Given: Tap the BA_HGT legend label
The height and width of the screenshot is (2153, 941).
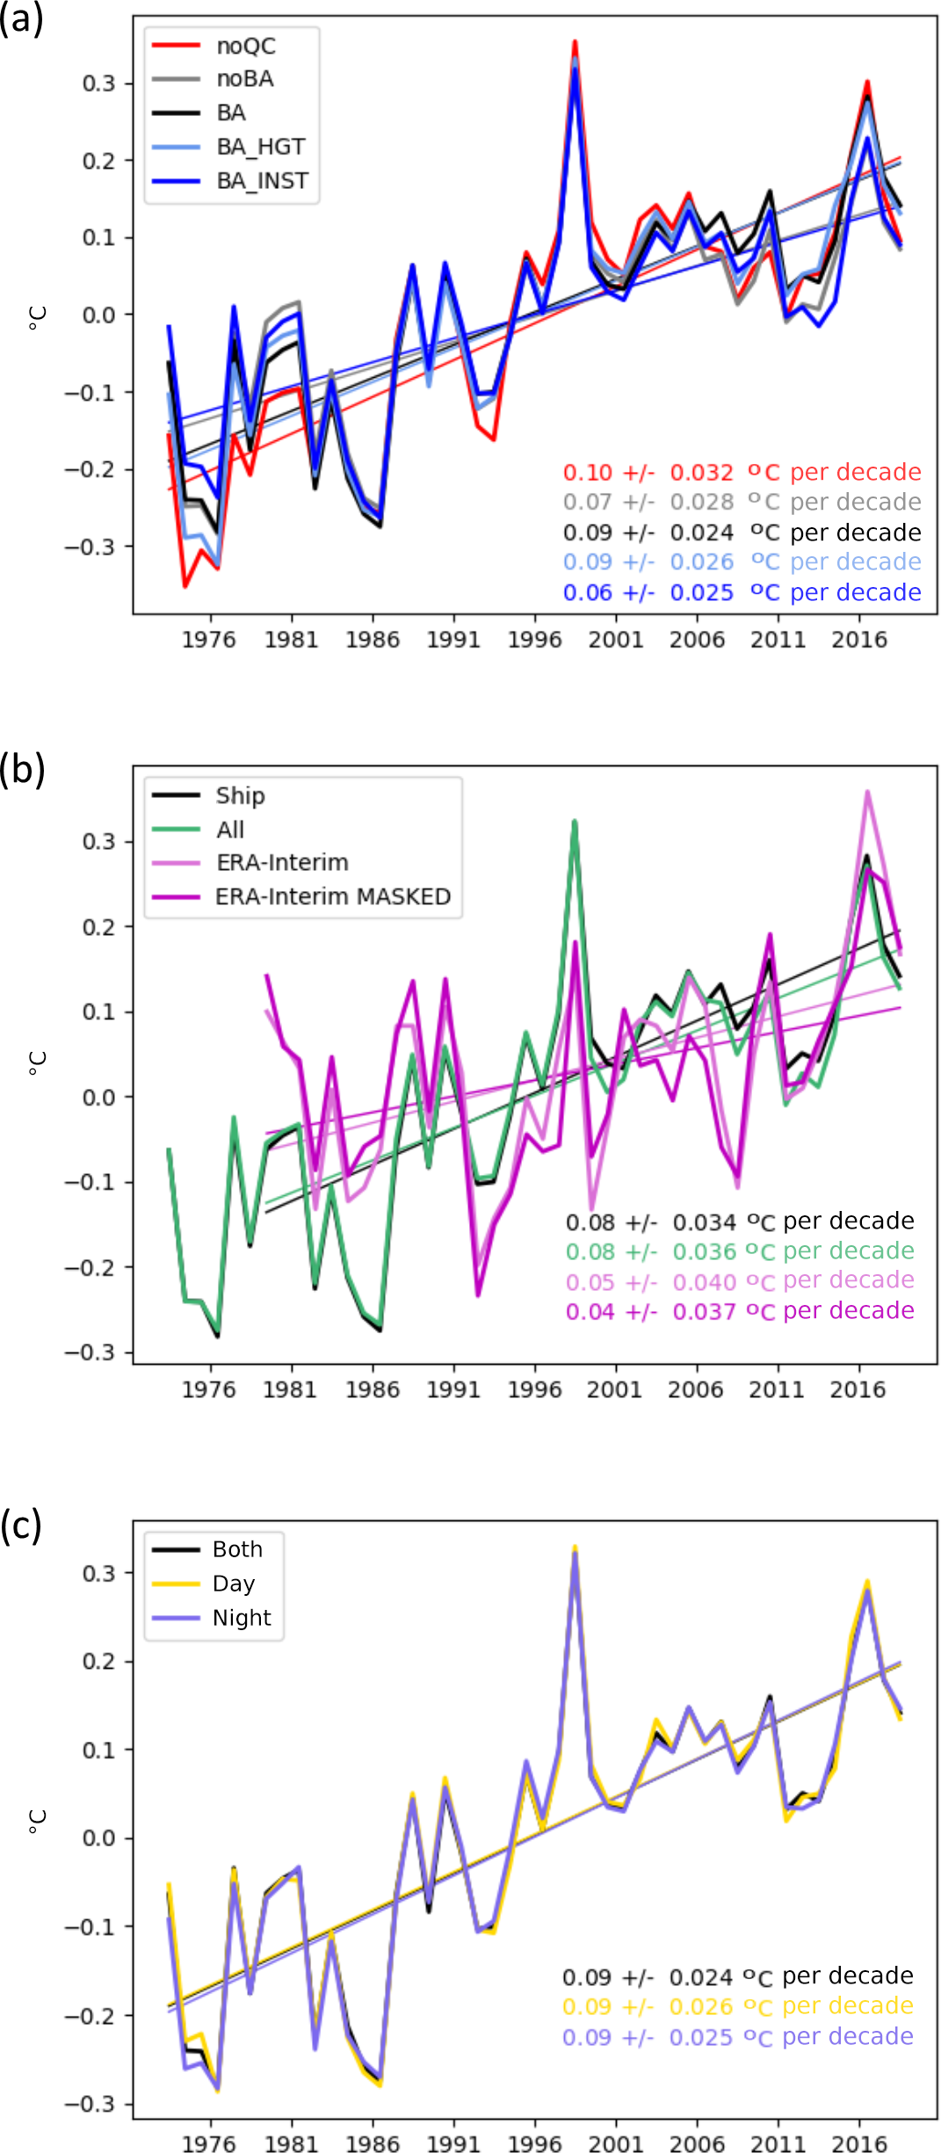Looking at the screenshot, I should [261, 147].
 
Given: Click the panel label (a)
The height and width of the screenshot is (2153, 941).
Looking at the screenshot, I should [21, 19].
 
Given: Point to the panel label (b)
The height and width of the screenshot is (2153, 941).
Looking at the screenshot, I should [22, 769].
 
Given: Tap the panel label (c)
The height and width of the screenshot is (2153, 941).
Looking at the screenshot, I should [21, 1526].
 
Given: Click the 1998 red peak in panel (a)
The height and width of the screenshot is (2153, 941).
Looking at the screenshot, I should [575, 41].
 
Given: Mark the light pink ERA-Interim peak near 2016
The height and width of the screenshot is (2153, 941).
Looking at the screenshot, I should [867, 792].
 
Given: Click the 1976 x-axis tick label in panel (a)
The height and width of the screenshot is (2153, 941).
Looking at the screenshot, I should [209, 640].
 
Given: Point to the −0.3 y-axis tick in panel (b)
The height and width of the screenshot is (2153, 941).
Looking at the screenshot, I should [90, 1352].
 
